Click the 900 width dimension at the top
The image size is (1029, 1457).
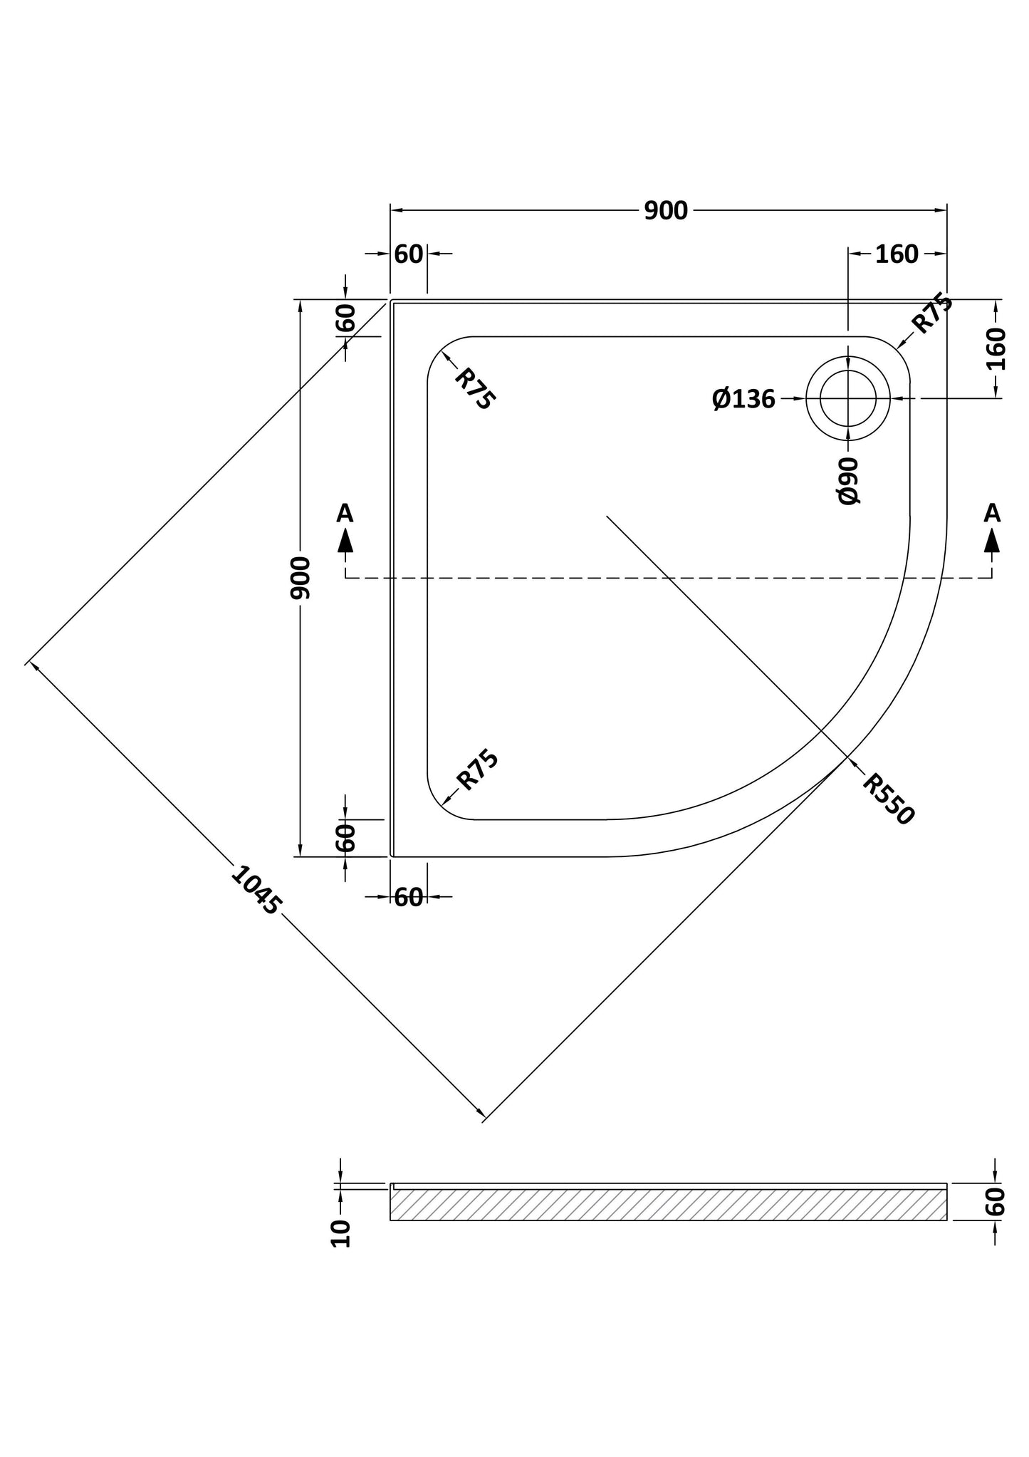666,211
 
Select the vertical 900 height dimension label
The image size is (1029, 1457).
301,578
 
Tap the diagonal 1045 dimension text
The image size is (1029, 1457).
256,889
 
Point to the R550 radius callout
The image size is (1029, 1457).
887,799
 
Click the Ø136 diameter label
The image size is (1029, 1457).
743,399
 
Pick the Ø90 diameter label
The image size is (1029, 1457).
849,481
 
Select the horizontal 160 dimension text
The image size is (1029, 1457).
897,254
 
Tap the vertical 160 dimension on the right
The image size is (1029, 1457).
996,348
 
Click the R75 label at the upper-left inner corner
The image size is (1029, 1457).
473,388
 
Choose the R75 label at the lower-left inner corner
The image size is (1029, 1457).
477,770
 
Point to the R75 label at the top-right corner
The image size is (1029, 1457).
932,313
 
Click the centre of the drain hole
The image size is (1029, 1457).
847,398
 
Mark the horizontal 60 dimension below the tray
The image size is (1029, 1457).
409,897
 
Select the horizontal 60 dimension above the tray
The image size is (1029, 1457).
409,254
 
